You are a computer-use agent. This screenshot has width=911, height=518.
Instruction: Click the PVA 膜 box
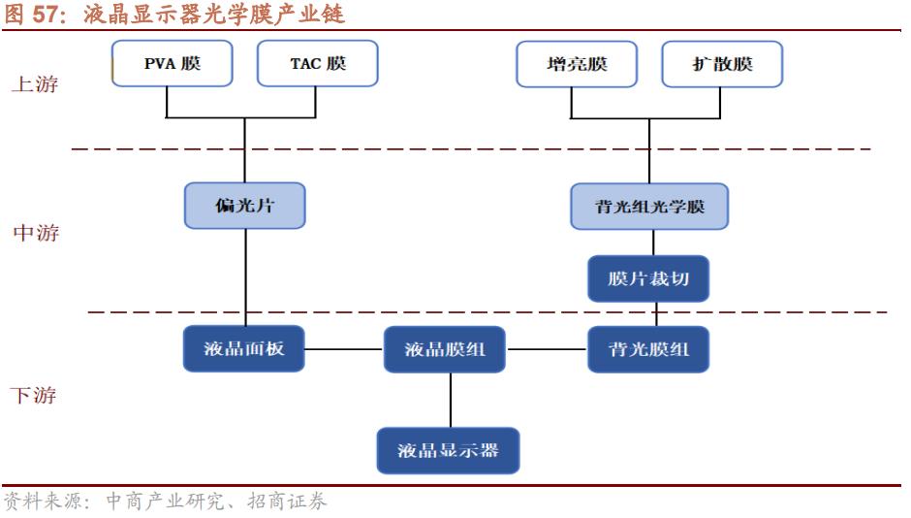pyautogui.click(x=173, y=64)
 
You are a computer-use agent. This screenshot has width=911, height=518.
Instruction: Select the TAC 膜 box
pyautogui.click(x=317, y=64)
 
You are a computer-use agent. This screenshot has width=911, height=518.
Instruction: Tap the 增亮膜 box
pyautogui.click(x=577, y=64)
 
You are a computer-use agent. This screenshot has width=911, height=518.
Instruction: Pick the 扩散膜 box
pyautogui.click(x=722, y=64)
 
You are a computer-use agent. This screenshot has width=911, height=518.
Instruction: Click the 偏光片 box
pyautogui.click(x=244, y=206)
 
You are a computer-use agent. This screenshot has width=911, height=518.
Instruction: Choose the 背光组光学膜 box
pyautogui.click(x=648, y=207)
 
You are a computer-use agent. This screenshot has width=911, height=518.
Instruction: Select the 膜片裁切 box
pyautogui.click(x=648, y=279)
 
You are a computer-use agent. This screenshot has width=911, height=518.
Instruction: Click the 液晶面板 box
pyautogui.click(x=244, y=348)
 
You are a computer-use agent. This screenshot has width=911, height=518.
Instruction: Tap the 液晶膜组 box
pyautogui.click(x=445, y=349)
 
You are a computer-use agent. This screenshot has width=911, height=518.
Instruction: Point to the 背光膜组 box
pyautogui.click(x=648, y=349)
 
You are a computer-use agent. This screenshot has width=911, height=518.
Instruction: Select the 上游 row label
pyautogui.click(x=34, y=83)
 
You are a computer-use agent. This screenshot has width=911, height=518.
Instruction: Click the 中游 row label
pyautogui.click(x=36, y=233)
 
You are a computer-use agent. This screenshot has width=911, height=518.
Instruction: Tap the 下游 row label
pyautogui.click(x=34, y=395)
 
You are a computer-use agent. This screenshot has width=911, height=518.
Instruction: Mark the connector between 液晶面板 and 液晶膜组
pyautogui.click(x=344, y=349)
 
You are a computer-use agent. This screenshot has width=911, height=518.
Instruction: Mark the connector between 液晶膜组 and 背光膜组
pyautogui.click(x=547, y=349)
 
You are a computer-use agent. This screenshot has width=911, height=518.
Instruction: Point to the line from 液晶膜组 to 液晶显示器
pyautogui.click(x=450, y=400)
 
